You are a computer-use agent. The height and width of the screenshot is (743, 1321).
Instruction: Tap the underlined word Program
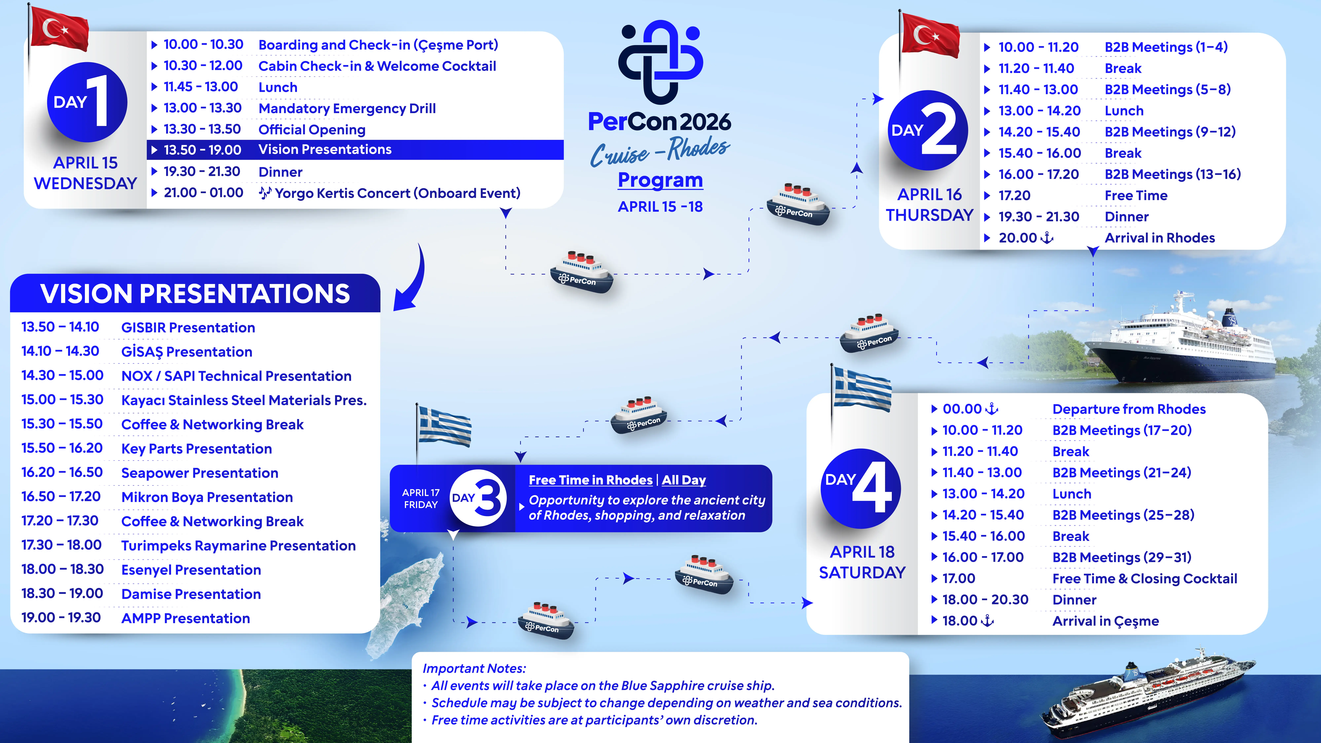coord(660,180)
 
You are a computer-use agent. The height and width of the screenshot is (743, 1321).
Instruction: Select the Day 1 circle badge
coord(87,102)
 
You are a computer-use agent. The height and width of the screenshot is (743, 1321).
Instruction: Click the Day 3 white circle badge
coord(478,498)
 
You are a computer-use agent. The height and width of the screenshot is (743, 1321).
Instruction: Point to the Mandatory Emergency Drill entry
coord(347,109)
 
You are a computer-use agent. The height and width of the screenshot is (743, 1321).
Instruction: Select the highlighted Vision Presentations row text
coord(325,149)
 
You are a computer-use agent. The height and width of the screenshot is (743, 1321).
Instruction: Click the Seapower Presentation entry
coord(199,473)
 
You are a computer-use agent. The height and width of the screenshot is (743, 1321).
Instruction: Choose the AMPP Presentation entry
coord(186,618)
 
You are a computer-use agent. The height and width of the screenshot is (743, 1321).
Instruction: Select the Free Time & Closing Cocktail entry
coord(1145,578)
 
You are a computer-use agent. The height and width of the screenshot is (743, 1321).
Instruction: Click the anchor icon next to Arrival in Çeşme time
coord(987,620)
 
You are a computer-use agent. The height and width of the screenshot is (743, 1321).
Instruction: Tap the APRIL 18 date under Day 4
coord(862,552)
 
